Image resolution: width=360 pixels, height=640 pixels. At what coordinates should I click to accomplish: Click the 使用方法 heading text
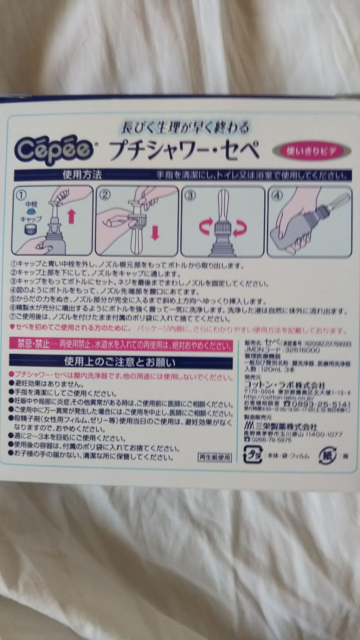82,174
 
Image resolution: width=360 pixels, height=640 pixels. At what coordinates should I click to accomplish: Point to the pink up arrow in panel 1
72,216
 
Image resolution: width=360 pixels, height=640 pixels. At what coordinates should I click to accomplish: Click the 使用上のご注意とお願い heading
120,361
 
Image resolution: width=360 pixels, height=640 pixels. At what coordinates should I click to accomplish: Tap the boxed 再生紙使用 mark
214,457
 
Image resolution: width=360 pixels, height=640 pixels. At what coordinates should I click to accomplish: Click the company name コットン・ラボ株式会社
285,385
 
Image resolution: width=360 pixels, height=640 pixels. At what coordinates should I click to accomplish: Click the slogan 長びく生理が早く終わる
185,127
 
